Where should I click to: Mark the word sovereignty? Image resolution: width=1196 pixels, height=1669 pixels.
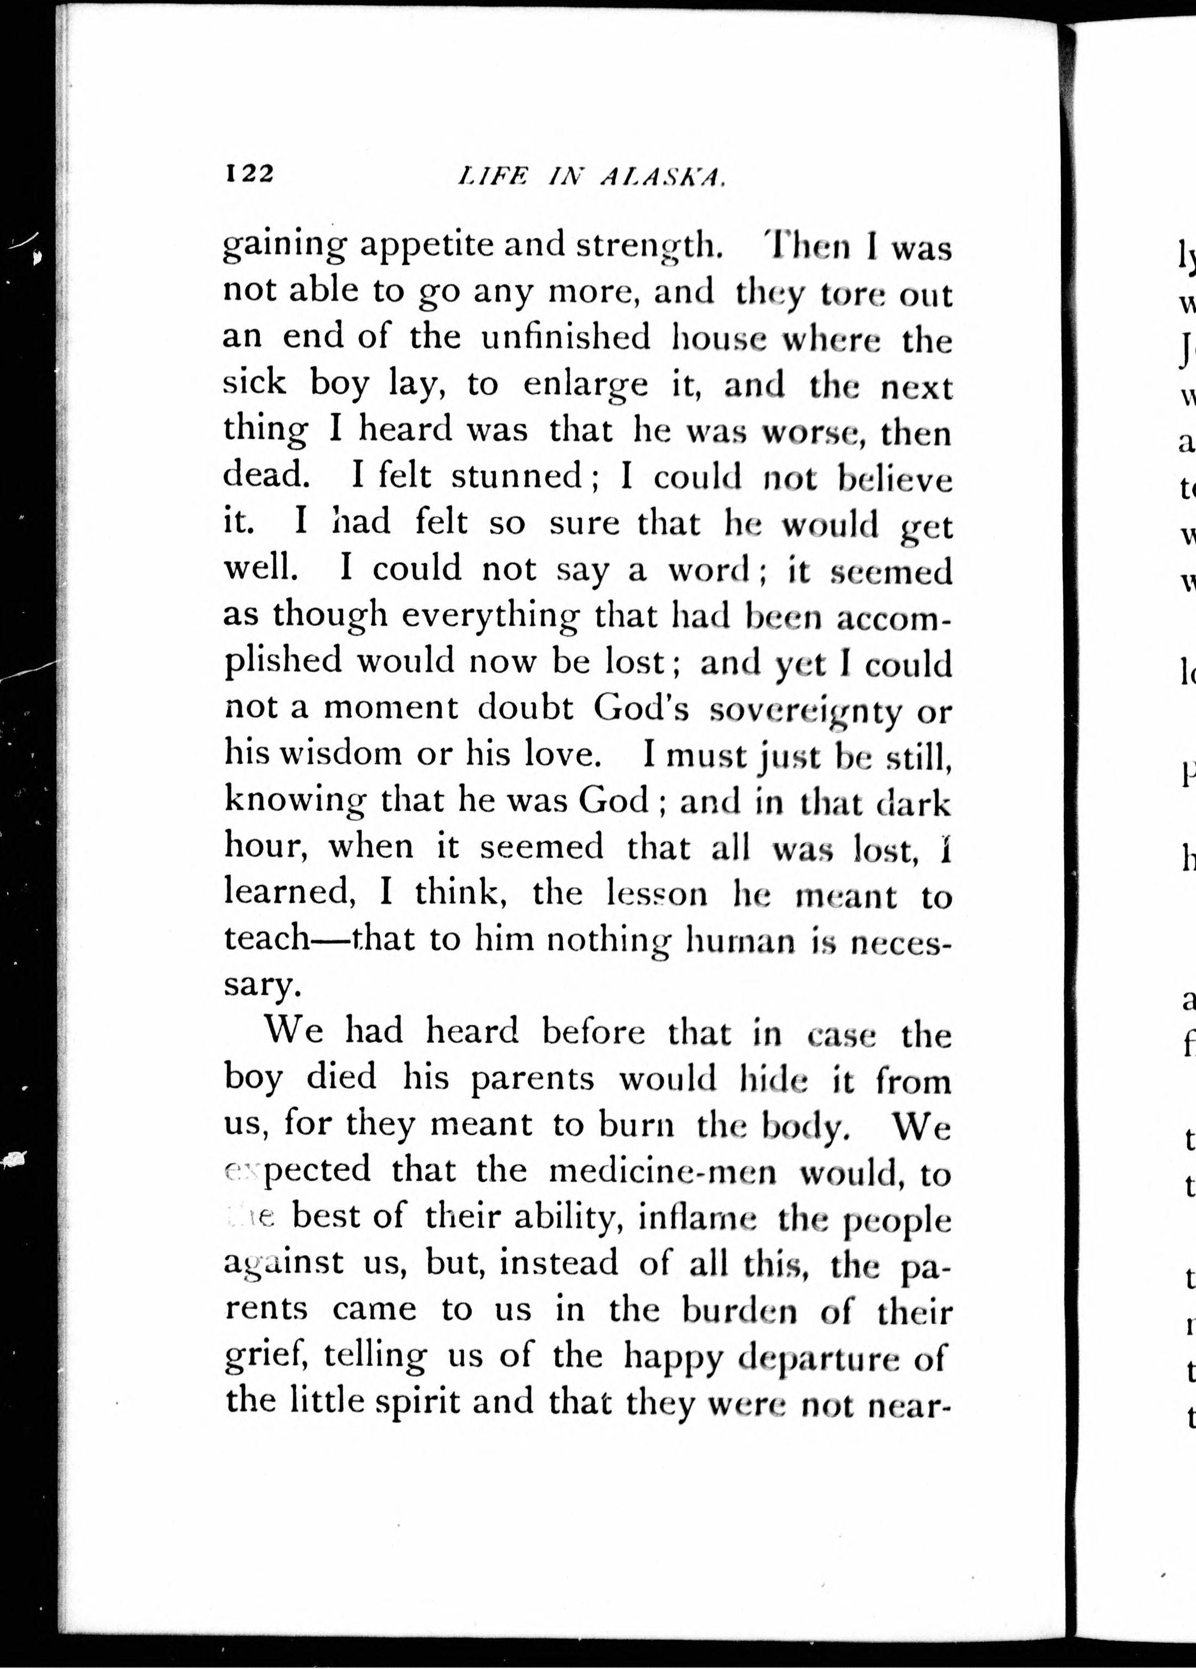coord(805,710)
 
